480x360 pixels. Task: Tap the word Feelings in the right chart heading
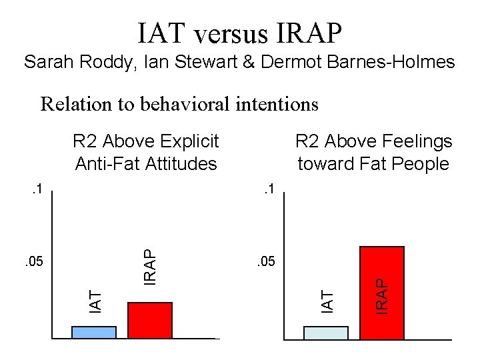tap(419, 141)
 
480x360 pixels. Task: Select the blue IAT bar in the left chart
tap(94, 332)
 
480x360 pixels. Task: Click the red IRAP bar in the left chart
tap(150, 320)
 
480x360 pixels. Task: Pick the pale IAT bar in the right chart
tap(326, 332)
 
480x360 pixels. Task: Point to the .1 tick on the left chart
tap(37, 190)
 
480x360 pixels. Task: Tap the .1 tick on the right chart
tap(269, 190)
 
